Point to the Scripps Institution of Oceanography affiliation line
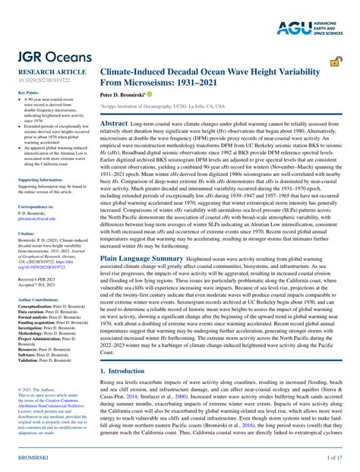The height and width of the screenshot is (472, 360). [163, 108]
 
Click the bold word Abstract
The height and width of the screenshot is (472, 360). [114, 122]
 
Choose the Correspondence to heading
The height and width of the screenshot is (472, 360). [36, 206]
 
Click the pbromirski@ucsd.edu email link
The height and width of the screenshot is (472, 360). [42, 218]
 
